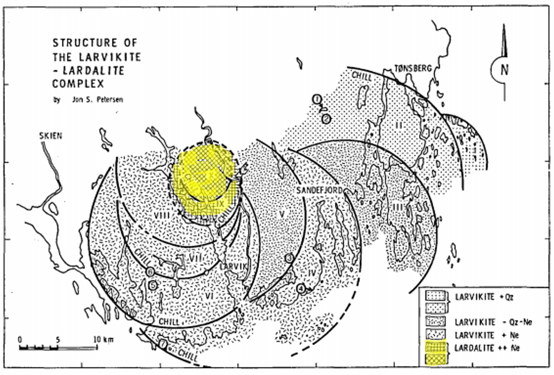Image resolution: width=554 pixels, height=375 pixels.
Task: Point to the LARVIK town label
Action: tap(236, 266)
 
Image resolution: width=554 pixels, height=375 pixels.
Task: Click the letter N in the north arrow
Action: tap(504, 69)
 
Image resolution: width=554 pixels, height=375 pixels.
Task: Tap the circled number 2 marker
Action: tap(326, 117)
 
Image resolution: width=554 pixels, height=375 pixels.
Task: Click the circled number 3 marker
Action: tap(289, 258)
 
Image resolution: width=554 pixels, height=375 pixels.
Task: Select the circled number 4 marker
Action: tap(302, 288)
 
